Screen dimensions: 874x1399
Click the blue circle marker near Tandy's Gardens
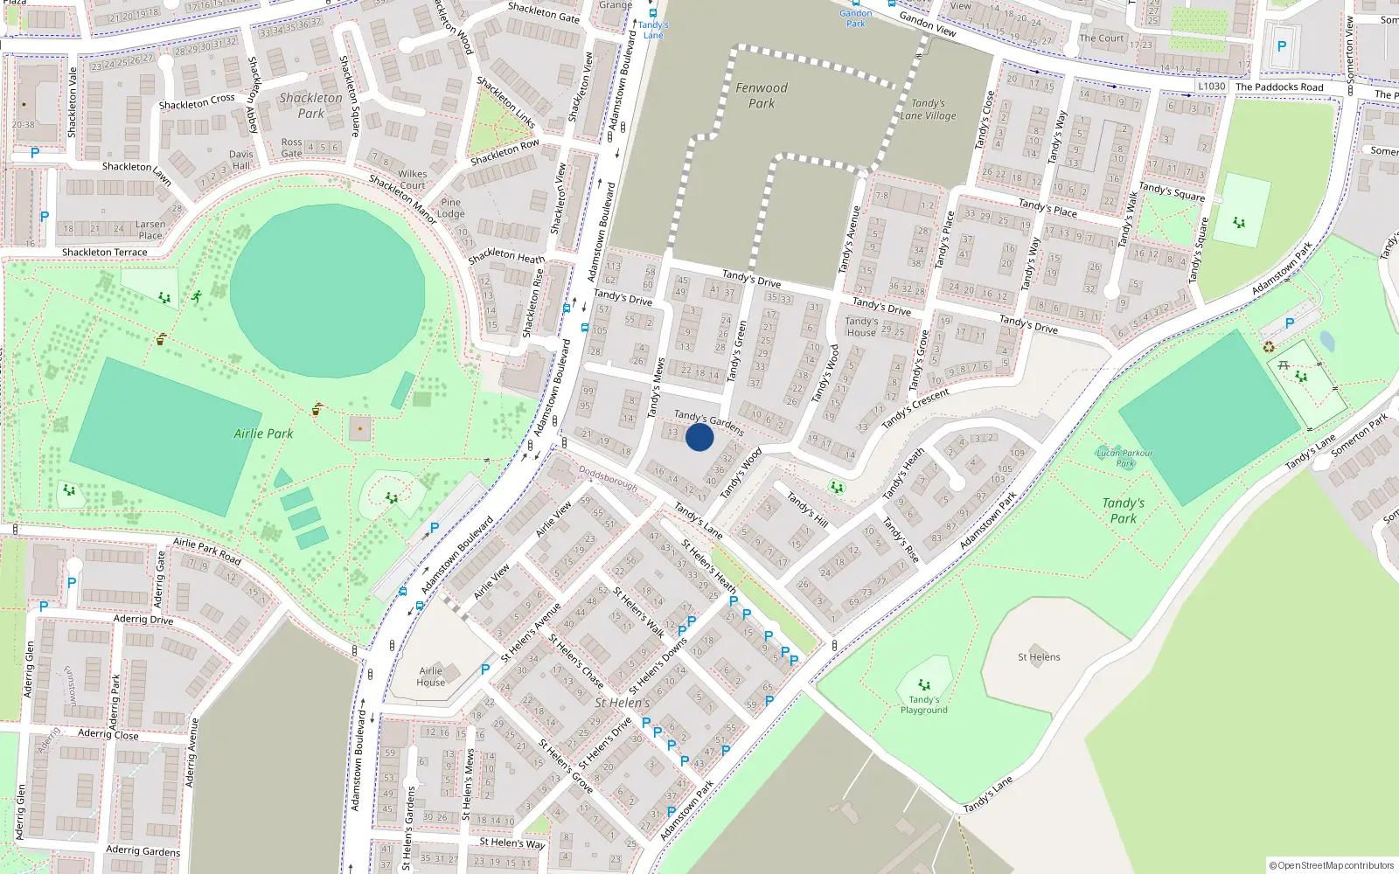699,437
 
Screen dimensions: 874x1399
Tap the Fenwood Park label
762,95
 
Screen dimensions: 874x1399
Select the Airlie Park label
263,434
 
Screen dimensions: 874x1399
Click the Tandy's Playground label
924,704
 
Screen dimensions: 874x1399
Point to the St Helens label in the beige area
1039,657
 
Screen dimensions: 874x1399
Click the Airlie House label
430,676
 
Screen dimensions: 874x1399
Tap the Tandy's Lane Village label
928,109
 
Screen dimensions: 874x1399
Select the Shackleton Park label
311,106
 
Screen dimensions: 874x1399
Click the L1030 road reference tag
1211,87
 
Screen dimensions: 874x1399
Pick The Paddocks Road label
1279,87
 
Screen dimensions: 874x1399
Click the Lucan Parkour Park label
1124,458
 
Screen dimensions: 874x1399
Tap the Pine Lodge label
451,208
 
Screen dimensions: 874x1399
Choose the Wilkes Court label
413,179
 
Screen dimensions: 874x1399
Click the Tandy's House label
861,327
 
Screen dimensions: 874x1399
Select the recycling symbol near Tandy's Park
1270,348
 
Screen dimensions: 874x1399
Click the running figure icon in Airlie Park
197,296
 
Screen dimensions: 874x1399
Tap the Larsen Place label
150,230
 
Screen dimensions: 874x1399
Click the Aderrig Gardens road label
143,850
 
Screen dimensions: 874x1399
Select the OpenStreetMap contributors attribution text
1332,865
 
